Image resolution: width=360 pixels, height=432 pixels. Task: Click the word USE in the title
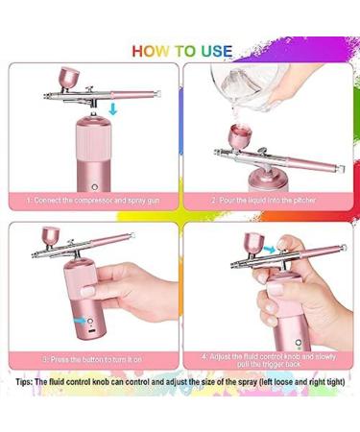point(212,51)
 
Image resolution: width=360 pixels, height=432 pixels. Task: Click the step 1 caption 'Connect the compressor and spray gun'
point(93,200)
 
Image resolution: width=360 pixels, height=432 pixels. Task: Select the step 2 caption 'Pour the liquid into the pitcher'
point(265,200)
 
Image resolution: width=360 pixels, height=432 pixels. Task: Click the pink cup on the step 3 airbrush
point(50,234)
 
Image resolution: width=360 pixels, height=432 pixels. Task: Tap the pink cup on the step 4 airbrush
point(255,242)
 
